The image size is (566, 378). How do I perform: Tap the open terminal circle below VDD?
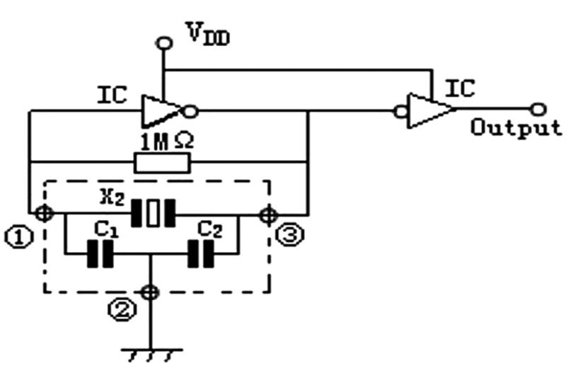[x=164, y=43]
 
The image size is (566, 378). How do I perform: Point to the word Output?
[x=516, y=128]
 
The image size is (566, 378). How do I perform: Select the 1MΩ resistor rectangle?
[x=163, y=164]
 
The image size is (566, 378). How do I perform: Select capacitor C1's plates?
[x=100, y=254]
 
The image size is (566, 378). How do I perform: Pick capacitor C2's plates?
[x=201, y=254]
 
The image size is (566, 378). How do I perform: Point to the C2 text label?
[x=207, y=231]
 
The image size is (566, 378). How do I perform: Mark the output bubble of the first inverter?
[x=190, y=110]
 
